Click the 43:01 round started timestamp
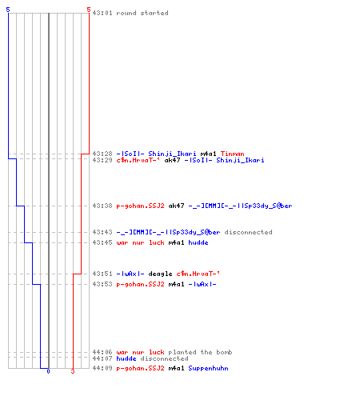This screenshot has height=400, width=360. tap(102, 13)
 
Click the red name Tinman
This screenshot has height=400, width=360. tap(232, 154)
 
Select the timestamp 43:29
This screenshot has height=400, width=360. tap(102, 160)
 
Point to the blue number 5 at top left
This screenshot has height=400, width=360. tap(8, 10)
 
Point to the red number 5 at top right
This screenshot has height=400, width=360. tap(89, 10)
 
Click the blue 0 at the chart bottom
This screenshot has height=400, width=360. tap(48, 371)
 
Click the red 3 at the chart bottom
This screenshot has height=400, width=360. tap(73, 371)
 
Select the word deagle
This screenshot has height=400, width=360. tap(160, 274)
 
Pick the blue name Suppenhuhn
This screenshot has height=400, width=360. tap(208, 369)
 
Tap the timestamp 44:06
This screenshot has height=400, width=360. tap(102, 352)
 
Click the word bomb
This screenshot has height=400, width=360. tap(224, 352)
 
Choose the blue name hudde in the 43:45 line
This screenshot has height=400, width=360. tap(198, 242)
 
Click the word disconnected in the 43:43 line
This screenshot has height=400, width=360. tap(248, 232)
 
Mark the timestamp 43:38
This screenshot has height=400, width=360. tap(102, 206)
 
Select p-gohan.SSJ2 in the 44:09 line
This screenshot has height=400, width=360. tap(140, 368)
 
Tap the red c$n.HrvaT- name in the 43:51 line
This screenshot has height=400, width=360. tap(198, 274)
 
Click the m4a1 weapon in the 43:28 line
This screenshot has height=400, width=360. tap(208, 154)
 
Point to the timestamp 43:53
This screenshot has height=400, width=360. tap(102, 284)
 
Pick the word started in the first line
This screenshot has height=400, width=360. tap(154, 13)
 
